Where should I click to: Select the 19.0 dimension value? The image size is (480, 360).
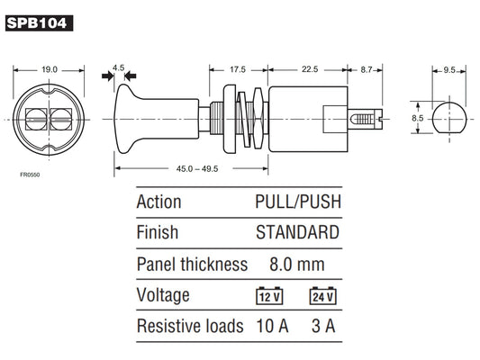click(50, 69)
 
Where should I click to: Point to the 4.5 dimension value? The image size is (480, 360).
click(119, 67)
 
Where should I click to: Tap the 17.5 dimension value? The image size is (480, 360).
click(238, 69)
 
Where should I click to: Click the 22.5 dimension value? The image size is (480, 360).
click(310, 69)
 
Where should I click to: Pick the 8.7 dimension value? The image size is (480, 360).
click(367, 69)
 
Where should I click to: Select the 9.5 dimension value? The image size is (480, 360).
click(449, 70)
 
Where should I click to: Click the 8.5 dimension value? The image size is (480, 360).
click(417, 118)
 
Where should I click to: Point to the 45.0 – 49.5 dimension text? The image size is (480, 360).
click(197, 169)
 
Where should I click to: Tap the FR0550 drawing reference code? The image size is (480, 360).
click(30, 175)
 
